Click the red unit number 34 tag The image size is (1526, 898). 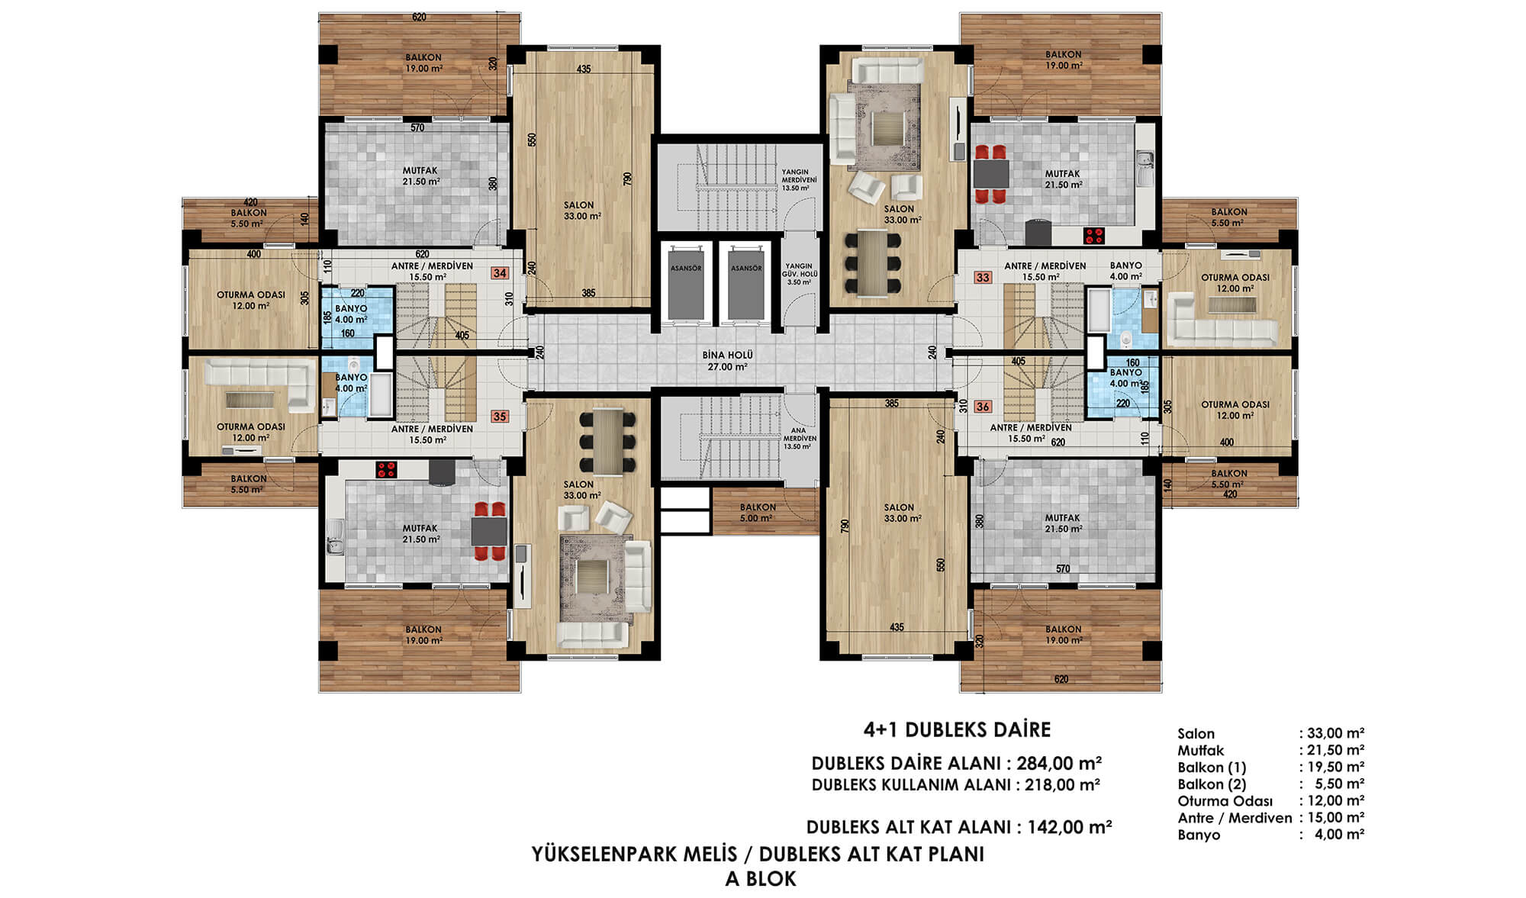(500, 273)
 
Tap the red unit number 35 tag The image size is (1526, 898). (500, 417)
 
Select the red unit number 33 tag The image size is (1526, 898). (983, 278)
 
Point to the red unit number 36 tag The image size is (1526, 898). (983, 407)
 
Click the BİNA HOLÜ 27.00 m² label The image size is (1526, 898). (727, 361)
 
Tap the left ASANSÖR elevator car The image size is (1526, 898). (685, 282)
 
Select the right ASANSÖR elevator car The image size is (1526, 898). (745, 282)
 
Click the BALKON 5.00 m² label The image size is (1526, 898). (758, 513)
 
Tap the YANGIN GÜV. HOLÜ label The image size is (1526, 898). (800, 269)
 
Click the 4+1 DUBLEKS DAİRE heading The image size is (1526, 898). (957, 730)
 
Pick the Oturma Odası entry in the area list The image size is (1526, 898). (1225, 801)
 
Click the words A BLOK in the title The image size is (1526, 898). (760, 879)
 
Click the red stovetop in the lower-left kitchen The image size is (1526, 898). (385, 469)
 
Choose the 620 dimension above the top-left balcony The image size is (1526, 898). (419, 17)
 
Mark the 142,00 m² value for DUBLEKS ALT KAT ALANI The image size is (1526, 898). (1070, 827)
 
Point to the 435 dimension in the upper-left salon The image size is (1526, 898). (584, 69)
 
